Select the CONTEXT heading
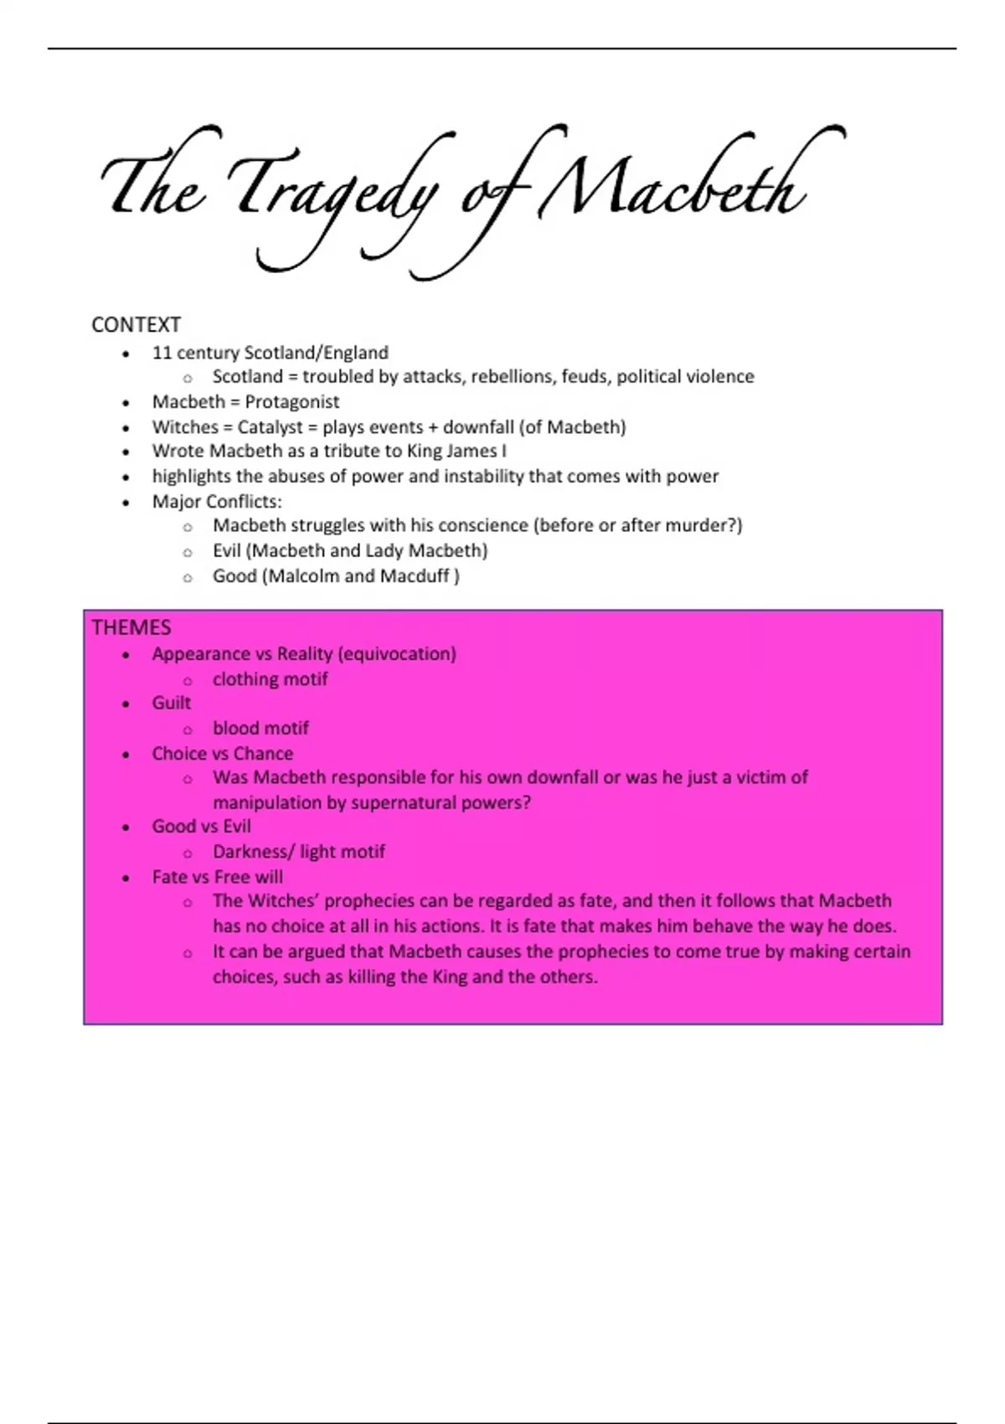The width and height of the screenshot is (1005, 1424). pos(136,325)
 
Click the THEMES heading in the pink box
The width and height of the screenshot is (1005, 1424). pos(131,627)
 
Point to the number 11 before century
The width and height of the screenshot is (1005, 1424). pos(162,353)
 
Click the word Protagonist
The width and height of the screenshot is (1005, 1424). pos(292,402)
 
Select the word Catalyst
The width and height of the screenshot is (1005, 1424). pos(270,427)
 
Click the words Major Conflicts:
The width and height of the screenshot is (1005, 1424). pos(217,502)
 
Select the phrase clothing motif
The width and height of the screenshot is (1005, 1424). pos(270,679)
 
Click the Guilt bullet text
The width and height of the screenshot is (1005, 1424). pos(172,704)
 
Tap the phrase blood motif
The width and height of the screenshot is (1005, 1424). pos(260,729)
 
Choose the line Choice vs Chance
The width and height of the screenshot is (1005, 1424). pos(222,754)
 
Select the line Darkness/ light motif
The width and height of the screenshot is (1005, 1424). pos(298,852)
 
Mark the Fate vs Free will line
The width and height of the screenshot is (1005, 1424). pos(217,877)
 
